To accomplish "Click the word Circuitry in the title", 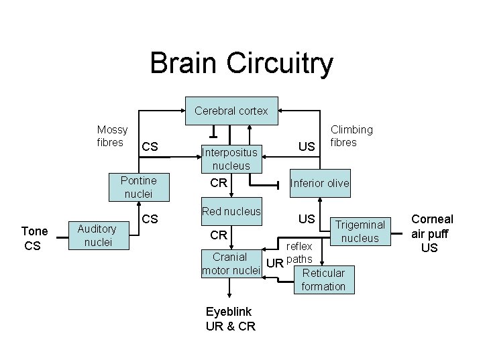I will pos(280,63).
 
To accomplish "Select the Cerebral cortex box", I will pos(231,111).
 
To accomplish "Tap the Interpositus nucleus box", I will pos(231,159).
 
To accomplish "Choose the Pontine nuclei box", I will pos(139,187).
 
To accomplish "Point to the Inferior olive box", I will pos(319,183).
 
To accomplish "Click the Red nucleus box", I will pos(231,211).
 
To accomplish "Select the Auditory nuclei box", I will pos(97,235).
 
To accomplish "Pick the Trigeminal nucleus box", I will pos(360,231).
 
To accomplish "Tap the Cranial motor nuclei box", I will pos(231,263).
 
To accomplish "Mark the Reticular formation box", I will pos(323,280).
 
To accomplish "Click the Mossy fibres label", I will pos(112,136).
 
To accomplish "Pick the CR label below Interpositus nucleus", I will pos(219,183).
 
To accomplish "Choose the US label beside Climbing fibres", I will pos(307,147).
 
